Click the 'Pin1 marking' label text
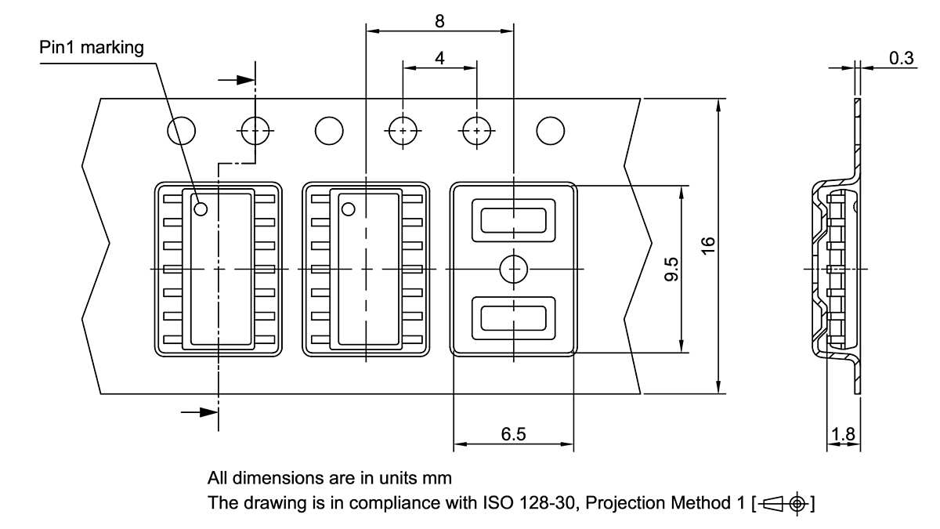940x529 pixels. tap(92, 48)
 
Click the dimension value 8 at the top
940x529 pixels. tap(439, 21)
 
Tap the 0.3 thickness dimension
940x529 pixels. tap(901, 58)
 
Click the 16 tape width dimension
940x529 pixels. tap(707, 245)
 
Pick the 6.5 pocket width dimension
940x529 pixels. tap(513, 433)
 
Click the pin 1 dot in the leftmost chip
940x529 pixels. tap(201, 208)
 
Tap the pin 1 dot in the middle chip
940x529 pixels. tap(348, 208)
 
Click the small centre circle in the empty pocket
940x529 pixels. tap(513, 269)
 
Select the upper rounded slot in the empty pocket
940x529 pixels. tap(513, 219)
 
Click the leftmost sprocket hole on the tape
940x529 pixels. tap(182, 130)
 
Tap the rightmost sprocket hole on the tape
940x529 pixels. tap(549, 130)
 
